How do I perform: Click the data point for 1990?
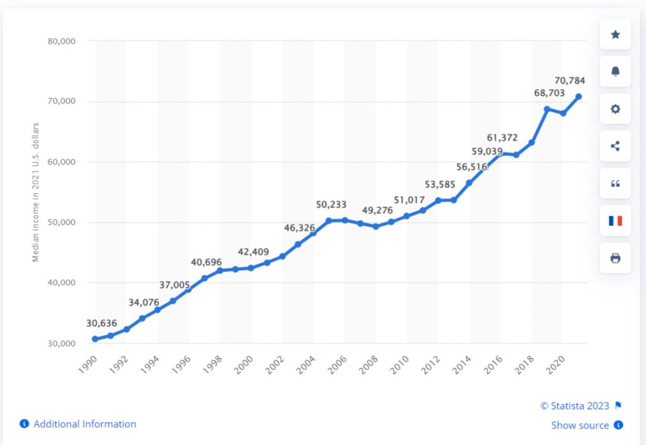point(95,339)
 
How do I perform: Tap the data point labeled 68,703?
point(547,109)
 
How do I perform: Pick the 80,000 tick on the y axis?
point(62,42)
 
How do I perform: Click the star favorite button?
point(615,35)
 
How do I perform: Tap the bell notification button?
point(615,72)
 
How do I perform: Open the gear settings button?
point(615,109)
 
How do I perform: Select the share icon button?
point(615,146)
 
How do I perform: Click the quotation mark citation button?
point(615,184)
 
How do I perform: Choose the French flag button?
point(615,221)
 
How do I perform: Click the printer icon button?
point(615,258)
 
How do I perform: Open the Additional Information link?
point(85,424)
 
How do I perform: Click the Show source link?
point(580,425)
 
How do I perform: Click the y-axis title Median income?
point(36,192)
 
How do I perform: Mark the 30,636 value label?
point(102,323)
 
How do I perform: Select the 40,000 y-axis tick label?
point(62,283)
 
